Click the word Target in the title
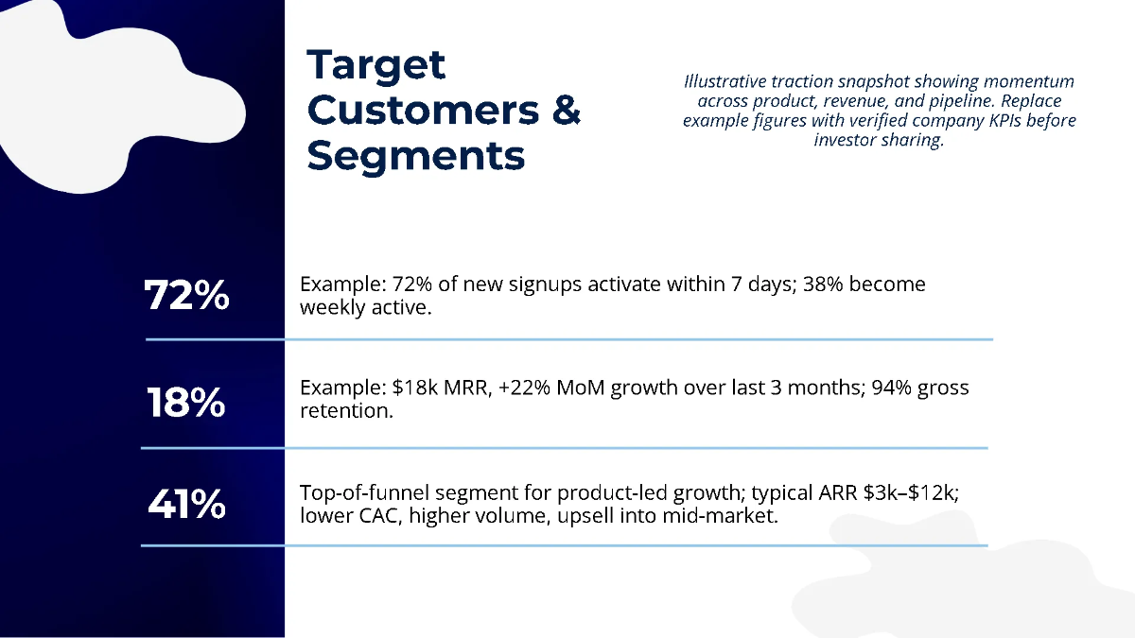coord(376,66)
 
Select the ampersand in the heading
coord(566,110)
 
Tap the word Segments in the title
coord(416,155)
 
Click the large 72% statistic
coord(186,295)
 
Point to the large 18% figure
coord(186,402)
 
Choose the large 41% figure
coord(186,505)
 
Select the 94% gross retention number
coord(889,388)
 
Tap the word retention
coord(346,410)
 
